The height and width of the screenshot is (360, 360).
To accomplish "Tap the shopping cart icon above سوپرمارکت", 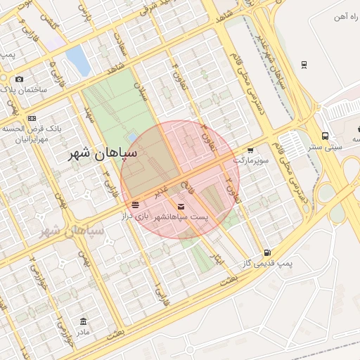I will [250, 150].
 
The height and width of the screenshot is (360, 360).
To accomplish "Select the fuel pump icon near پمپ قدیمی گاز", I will [266, 252].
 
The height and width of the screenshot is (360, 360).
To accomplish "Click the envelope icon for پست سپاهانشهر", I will [182, 207].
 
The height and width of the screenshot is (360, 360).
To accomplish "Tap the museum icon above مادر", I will [83, 321].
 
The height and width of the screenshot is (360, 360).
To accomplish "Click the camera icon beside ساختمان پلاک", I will [19, 79].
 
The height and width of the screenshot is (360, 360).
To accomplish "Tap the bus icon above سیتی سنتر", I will [325, 136].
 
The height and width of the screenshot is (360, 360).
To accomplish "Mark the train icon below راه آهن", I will [303, 65].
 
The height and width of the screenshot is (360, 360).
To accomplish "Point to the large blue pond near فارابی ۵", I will [78, 61].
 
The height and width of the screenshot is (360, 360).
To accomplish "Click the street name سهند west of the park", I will [89, 115].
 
